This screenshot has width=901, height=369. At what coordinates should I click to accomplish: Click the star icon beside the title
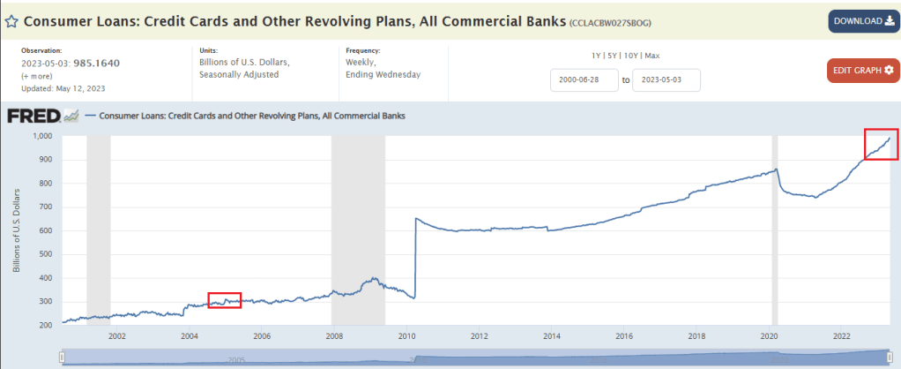click(x=11, y=20)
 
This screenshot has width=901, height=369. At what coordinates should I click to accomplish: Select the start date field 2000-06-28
click(x=581, y=80)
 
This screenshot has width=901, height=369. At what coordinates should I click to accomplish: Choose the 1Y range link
click(x=598, y=56)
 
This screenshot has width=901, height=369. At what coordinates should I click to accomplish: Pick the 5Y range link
click(x=614, y=56)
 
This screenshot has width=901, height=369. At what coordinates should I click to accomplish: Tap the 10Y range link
click(x=633, y=56)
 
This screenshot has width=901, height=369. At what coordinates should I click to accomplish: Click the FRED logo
click(x=33, y=116)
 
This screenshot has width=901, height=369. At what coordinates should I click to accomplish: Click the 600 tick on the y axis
click(x=47, y=230)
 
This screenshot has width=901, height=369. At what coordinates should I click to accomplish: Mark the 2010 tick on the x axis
click(x=406, y=335)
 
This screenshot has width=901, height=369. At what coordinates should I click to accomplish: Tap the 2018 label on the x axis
click(x=696, y=335)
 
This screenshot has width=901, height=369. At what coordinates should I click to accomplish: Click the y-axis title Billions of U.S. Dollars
click(x=16, y=230)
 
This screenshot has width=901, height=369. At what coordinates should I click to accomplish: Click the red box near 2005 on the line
click(x=224, y=300)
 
